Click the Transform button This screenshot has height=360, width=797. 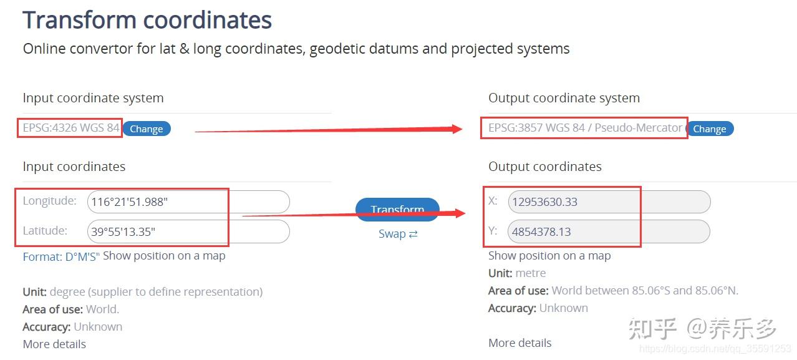pyautogui.click(x=397, y=210)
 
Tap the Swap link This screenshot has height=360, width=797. pyautogui.click(x=398, y=234)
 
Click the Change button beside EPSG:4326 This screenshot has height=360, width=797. pyautogui.click(x=146, y=129)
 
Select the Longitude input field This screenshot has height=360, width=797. pyautogui.click(x=188, y=202)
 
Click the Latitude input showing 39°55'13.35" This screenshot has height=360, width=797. pyautogui.click(x=188, y=231)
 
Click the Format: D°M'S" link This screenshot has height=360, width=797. pyautogui.click(x=61, y=256)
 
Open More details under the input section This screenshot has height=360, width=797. pyautogui.click(x=54, y=344)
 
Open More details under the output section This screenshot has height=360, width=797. pyautogui.click(x=520, y=343)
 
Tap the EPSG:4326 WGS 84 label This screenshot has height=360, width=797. pyautogui.click(x=71, y=127)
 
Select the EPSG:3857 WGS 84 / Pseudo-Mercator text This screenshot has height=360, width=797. pyautogui.click(x=585, y=127)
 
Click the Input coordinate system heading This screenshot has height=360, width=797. pyautogui.click(x=93, y=98)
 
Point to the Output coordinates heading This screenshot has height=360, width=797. pyautogui.click(x=545, y=167)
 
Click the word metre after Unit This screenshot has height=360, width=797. pyautogui.click(x=531, y=273)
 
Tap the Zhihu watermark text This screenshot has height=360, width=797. pyautogui.click(x=702, y=328)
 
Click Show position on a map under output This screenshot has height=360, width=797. pyautogui.click(x=549, y=256)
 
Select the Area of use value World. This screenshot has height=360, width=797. pyautogui.click(x=102, y=309)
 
